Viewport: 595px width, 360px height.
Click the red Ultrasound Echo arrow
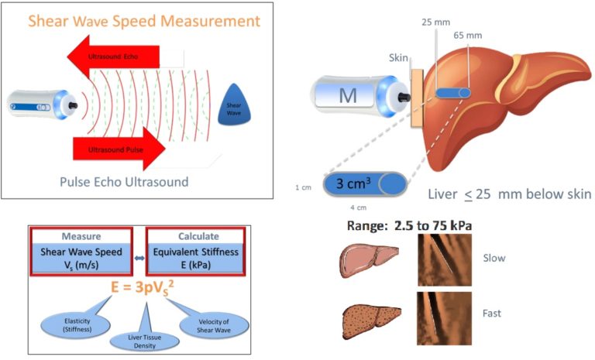116,55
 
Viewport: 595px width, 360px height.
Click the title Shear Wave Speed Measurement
144,21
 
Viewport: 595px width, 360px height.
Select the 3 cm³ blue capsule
365,185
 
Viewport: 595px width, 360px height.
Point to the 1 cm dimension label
303,187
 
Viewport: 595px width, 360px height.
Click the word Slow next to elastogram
494,258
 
